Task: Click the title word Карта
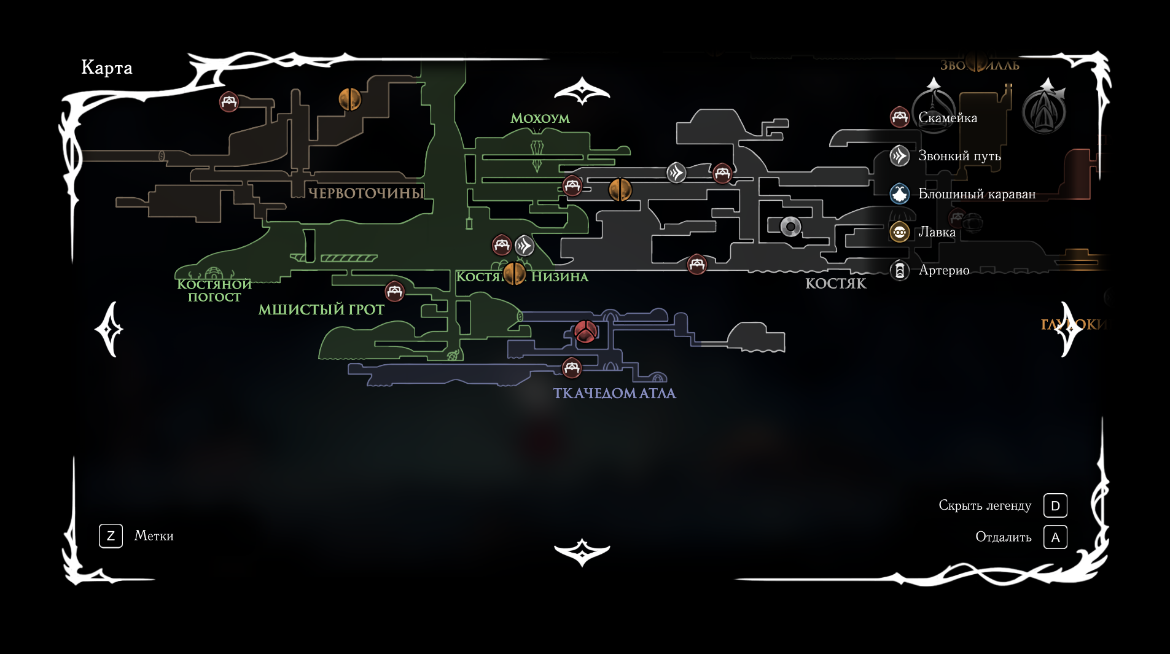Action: tap(107, 68)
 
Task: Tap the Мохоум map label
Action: tap(540, 119)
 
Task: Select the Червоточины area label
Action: tap(366, 193)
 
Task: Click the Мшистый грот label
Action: tap(321, 309)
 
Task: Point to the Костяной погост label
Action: tap(214, 290)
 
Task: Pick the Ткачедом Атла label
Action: tap(614, 393)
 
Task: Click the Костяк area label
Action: tap(836, 283)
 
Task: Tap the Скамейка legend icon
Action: tap(900, 117)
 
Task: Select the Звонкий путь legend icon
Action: tap(900, 156)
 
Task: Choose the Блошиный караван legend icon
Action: tap(900, 194)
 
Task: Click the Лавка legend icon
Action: tap(900, 232)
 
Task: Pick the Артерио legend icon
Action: tap(900, 270)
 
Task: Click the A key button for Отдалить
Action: tap(1055, 537)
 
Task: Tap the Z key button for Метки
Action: tap(111, 536)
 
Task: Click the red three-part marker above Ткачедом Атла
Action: tap(585, 332)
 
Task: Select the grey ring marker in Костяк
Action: tap(790, 227)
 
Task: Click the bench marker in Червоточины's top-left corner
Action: tap(229, 101)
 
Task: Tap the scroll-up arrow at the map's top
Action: tap(582, 92)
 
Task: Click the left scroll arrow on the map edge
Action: tap(109, 329)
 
